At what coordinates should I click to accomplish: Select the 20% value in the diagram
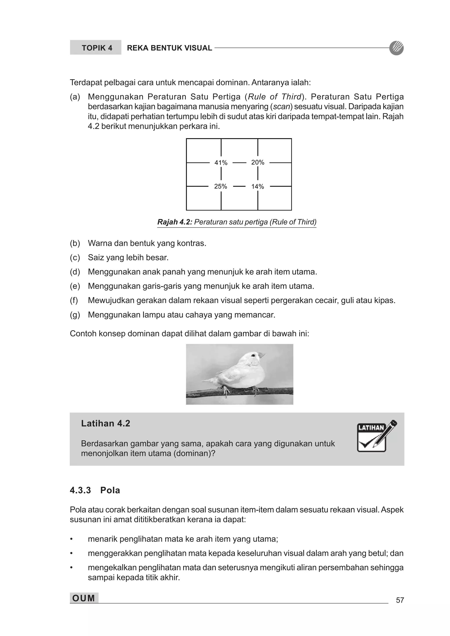coord(258,162)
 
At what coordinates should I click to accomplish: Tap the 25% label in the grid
coord(220,186)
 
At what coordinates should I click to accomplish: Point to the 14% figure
coord(258,187)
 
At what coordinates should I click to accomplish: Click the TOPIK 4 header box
coord(96,48)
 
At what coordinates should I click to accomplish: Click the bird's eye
coord(253,355)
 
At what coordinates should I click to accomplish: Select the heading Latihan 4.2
coord(106,423)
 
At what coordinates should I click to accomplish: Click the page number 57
coord(400,600)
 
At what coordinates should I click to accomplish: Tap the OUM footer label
coord(84,598)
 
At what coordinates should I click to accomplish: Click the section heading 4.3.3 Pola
coord(95,490)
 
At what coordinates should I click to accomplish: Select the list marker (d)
coord(75,272)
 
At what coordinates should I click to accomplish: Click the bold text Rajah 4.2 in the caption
coord(175,222)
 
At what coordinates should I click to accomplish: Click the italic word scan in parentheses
coord(282,107)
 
